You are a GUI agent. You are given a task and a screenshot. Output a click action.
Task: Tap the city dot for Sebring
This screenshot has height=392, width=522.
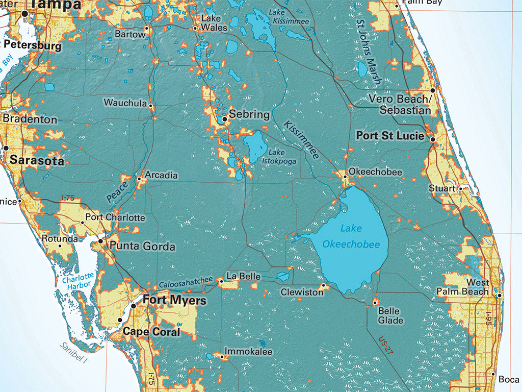[225, 119]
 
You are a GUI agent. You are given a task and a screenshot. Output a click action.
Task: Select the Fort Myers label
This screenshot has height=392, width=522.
[174, 300]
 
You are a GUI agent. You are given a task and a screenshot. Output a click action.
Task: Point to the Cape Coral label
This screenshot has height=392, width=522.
[151, 332]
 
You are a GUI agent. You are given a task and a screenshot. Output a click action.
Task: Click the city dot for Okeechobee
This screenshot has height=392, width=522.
[345, 177]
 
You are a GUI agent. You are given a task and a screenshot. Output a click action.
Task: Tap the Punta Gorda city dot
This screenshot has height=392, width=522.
[101, 241]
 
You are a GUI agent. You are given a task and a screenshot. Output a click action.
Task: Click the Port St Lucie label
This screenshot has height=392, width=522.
[390, 136]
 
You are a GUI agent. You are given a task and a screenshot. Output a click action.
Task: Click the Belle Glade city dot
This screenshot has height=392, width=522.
[375, 303]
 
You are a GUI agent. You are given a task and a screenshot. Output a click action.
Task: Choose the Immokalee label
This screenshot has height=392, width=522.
[249, 352]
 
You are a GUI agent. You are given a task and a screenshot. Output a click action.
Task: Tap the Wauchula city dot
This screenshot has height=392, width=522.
[150, 106]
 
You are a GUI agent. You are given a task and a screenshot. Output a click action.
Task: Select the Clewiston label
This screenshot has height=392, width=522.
[302, 292]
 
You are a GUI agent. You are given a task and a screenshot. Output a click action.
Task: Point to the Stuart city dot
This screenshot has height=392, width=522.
[460, 188]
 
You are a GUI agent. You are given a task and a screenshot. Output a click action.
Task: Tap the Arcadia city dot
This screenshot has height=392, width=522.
[139, 179]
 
